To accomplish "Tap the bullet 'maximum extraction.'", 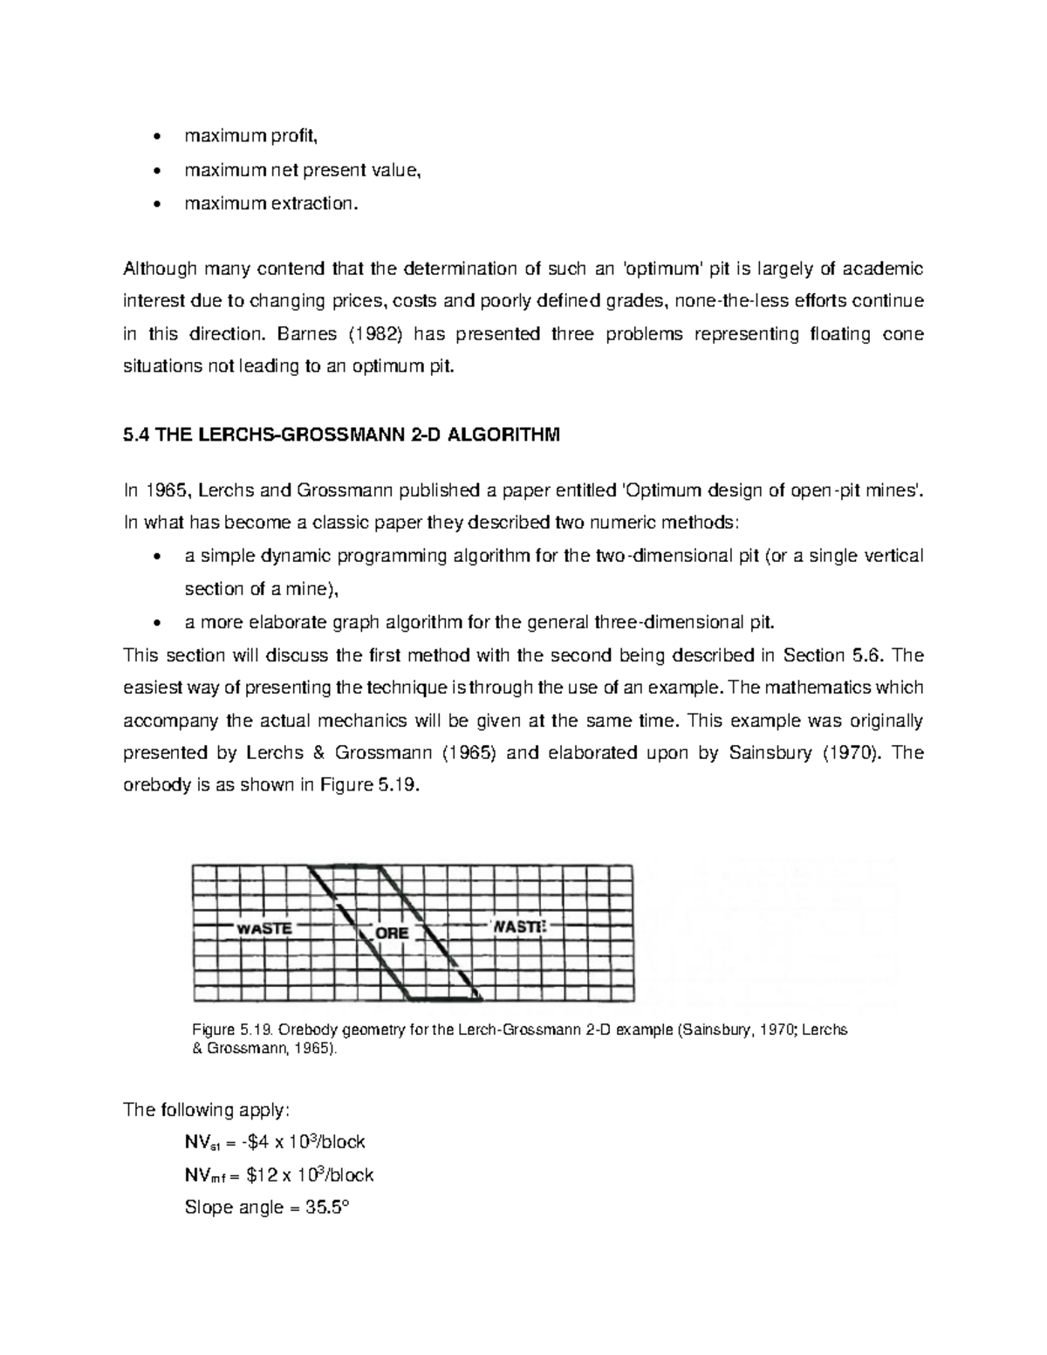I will point(270,203).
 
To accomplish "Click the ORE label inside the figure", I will point(392,933).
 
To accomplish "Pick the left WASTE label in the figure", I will point(264,928).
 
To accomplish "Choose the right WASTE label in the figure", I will point(520,927).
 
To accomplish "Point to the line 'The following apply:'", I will point(205,1110).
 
